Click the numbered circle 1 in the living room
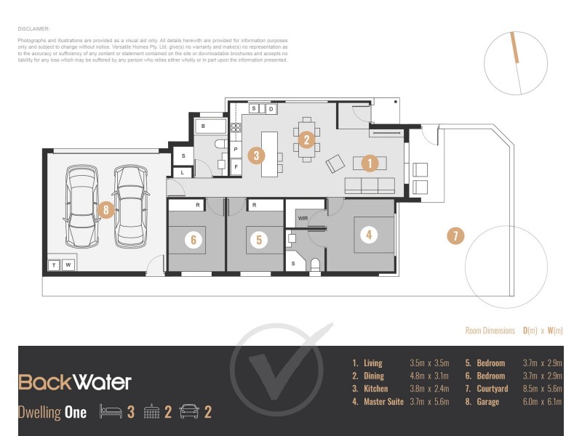pos(370,163)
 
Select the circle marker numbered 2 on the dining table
pos(307,140)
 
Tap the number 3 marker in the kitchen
pos(255,155)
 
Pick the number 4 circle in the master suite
pos(369,235)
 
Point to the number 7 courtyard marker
pos(455,235)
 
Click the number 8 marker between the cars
pos(106,211)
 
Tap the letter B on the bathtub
pos(203,126)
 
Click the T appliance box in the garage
pos(54,265)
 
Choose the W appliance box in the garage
pos(68,265)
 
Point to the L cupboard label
pos(183,172)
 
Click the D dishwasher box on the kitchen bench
pos(270,109)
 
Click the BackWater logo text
pos(74,382)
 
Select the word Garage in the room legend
pos(487,402)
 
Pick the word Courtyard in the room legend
pos(493,389)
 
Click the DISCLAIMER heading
pos(33,29)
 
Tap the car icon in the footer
pos(188,412)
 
